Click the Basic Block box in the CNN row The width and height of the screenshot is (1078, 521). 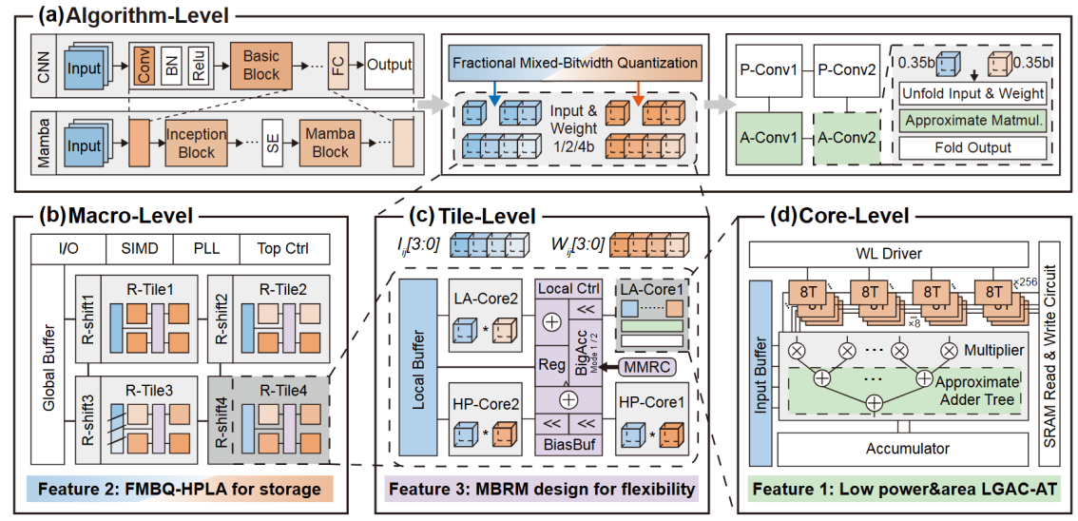260,65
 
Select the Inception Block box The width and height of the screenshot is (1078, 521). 197,145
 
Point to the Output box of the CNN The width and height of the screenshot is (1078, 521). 389,65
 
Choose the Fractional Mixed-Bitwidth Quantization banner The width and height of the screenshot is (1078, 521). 575,63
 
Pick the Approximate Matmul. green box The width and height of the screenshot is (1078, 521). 972,121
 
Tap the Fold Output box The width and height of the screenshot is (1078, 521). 972,147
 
